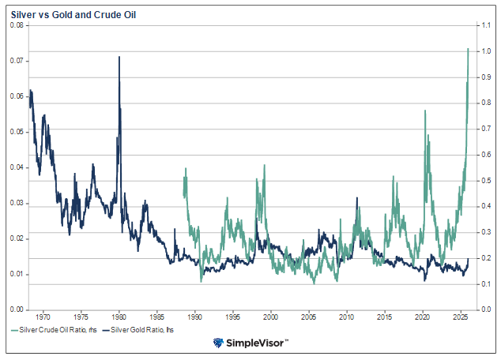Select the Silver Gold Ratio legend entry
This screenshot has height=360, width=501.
[141, 328]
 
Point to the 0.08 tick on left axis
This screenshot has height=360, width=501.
[16, 25]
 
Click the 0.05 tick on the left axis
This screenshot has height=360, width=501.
[16, 132]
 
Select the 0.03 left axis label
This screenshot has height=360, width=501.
[16, 203]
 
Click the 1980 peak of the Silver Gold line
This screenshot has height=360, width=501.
[119, 57]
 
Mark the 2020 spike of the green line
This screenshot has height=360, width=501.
[425, 111]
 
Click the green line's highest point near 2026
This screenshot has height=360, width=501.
[469, 49]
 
